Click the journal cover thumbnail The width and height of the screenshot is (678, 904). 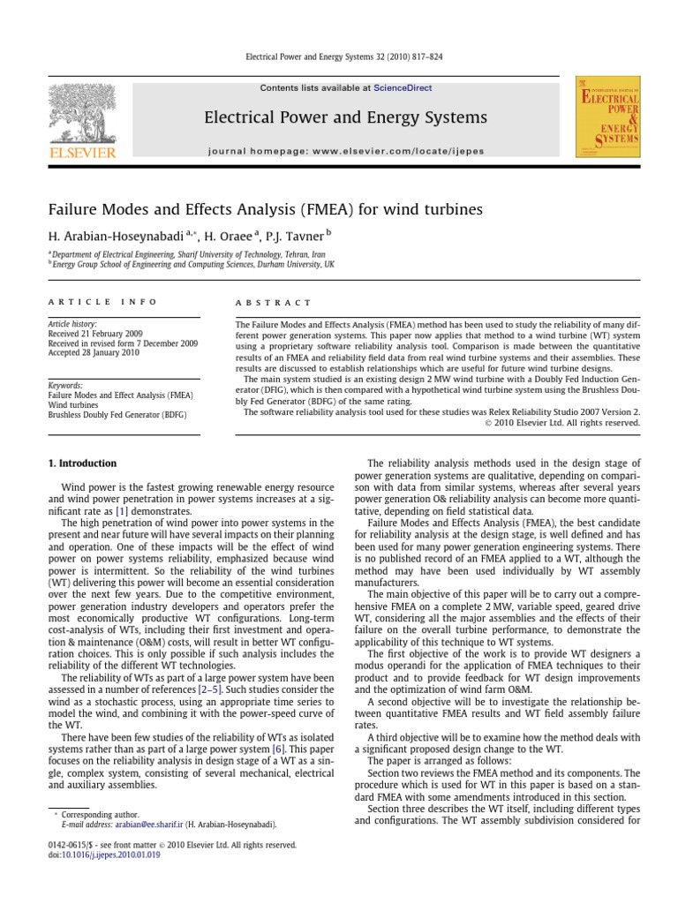607,117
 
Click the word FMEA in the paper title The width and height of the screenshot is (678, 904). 352,210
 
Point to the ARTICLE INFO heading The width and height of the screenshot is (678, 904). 102,302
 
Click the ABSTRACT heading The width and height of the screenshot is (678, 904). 273,302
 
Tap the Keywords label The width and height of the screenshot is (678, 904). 65,386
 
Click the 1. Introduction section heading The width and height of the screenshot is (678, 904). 81,463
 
